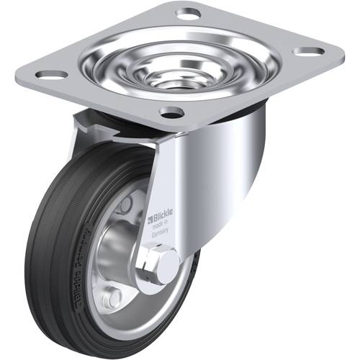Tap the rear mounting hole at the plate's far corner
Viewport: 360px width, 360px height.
coord(188,13)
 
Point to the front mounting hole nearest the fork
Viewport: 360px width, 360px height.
coord(171,112)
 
